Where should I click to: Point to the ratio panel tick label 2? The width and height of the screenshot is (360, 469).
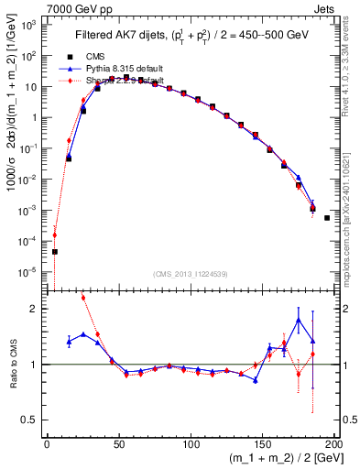click(x=35, y=309)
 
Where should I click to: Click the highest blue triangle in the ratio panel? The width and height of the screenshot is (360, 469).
click(x=299, y=321)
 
